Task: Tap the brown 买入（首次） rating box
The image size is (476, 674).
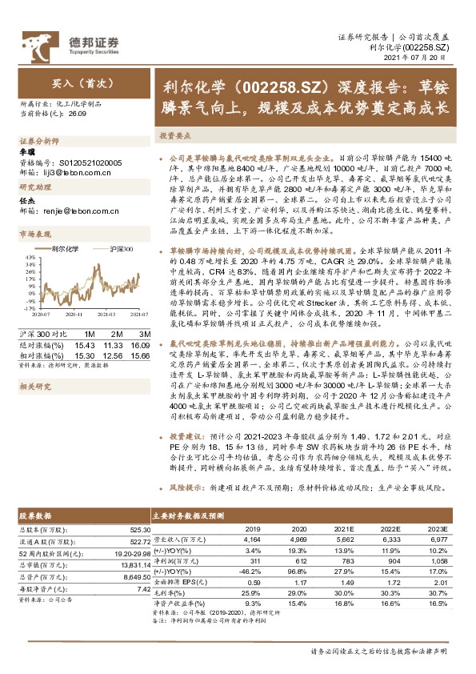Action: [76, 82]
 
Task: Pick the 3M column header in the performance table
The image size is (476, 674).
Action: [145, 332]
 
